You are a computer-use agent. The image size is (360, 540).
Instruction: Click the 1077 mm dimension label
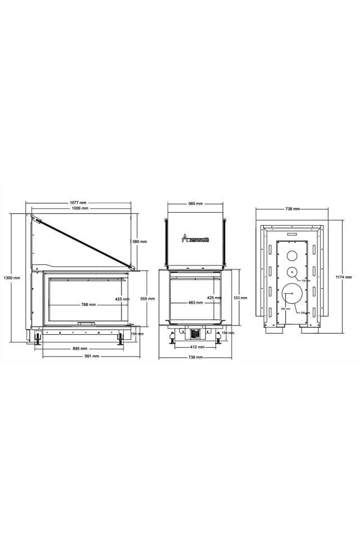tap(78, 202)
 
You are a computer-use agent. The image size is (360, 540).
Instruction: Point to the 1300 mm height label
tap(11, 278)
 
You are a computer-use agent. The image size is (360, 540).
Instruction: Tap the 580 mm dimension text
tap(139, 242)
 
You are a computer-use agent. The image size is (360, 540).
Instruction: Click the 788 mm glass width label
tap(88, 305)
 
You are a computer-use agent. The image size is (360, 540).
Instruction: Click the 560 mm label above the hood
tap(195, 204)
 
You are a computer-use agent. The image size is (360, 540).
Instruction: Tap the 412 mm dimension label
tap(197, 347)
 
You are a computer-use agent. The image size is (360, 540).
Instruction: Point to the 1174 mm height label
tap(344, 277)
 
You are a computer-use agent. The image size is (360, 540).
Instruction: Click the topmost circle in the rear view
tap(293, 255)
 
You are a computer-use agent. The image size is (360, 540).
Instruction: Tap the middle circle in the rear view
tap(293, 272)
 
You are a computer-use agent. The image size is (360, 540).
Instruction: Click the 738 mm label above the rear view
tap(292, 209)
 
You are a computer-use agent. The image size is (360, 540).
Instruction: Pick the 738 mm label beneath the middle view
tap(195, 358)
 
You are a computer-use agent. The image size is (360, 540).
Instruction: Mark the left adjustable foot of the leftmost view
tap(38, 339)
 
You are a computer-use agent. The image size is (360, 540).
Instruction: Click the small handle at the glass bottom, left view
tap(87, 323)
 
